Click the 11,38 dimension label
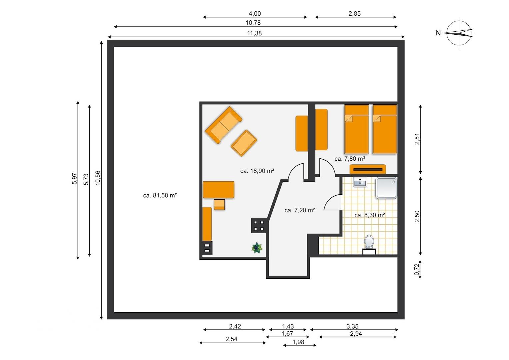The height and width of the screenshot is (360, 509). [x=254, y=33]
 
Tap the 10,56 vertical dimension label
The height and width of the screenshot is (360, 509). [x=98, y=178]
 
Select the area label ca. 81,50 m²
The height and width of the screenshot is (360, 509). [x=160, y=195]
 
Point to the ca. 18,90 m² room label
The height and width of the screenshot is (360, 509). [x=257, y=171]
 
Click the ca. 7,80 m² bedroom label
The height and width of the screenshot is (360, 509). [x=350, y=159]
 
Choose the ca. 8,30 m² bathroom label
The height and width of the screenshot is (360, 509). [x=370, y=215]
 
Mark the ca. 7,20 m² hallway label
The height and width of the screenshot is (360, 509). [x=300, y=210]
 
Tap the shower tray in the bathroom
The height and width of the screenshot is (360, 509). [x=386, y=188]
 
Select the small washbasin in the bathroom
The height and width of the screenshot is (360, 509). [x=360, y=182]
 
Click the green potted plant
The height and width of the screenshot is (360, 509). [x=257, y=248]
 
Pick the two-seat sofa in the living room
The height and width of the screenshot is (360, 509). [x=223, y=125]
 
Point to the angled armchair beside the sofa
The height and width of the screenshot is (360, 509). [x=244, y=143]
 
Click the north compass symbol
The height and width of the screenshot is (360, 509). [x=459, y=33]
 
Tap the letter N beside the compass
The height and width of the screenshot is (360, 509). [x=438, y=33]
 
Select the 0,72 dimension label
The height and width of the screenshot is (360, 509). [x=416, y=269]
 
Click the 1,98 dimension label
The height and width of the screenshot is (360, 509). [x=298, y=342]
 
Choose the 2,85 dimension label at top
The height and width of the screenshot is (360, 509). [x=354, y=14]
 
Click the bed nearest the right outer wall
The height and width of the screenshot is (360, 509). [x=385, y=129]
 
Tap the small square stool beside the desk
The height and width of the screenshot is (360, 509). [x=219, y=204]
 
